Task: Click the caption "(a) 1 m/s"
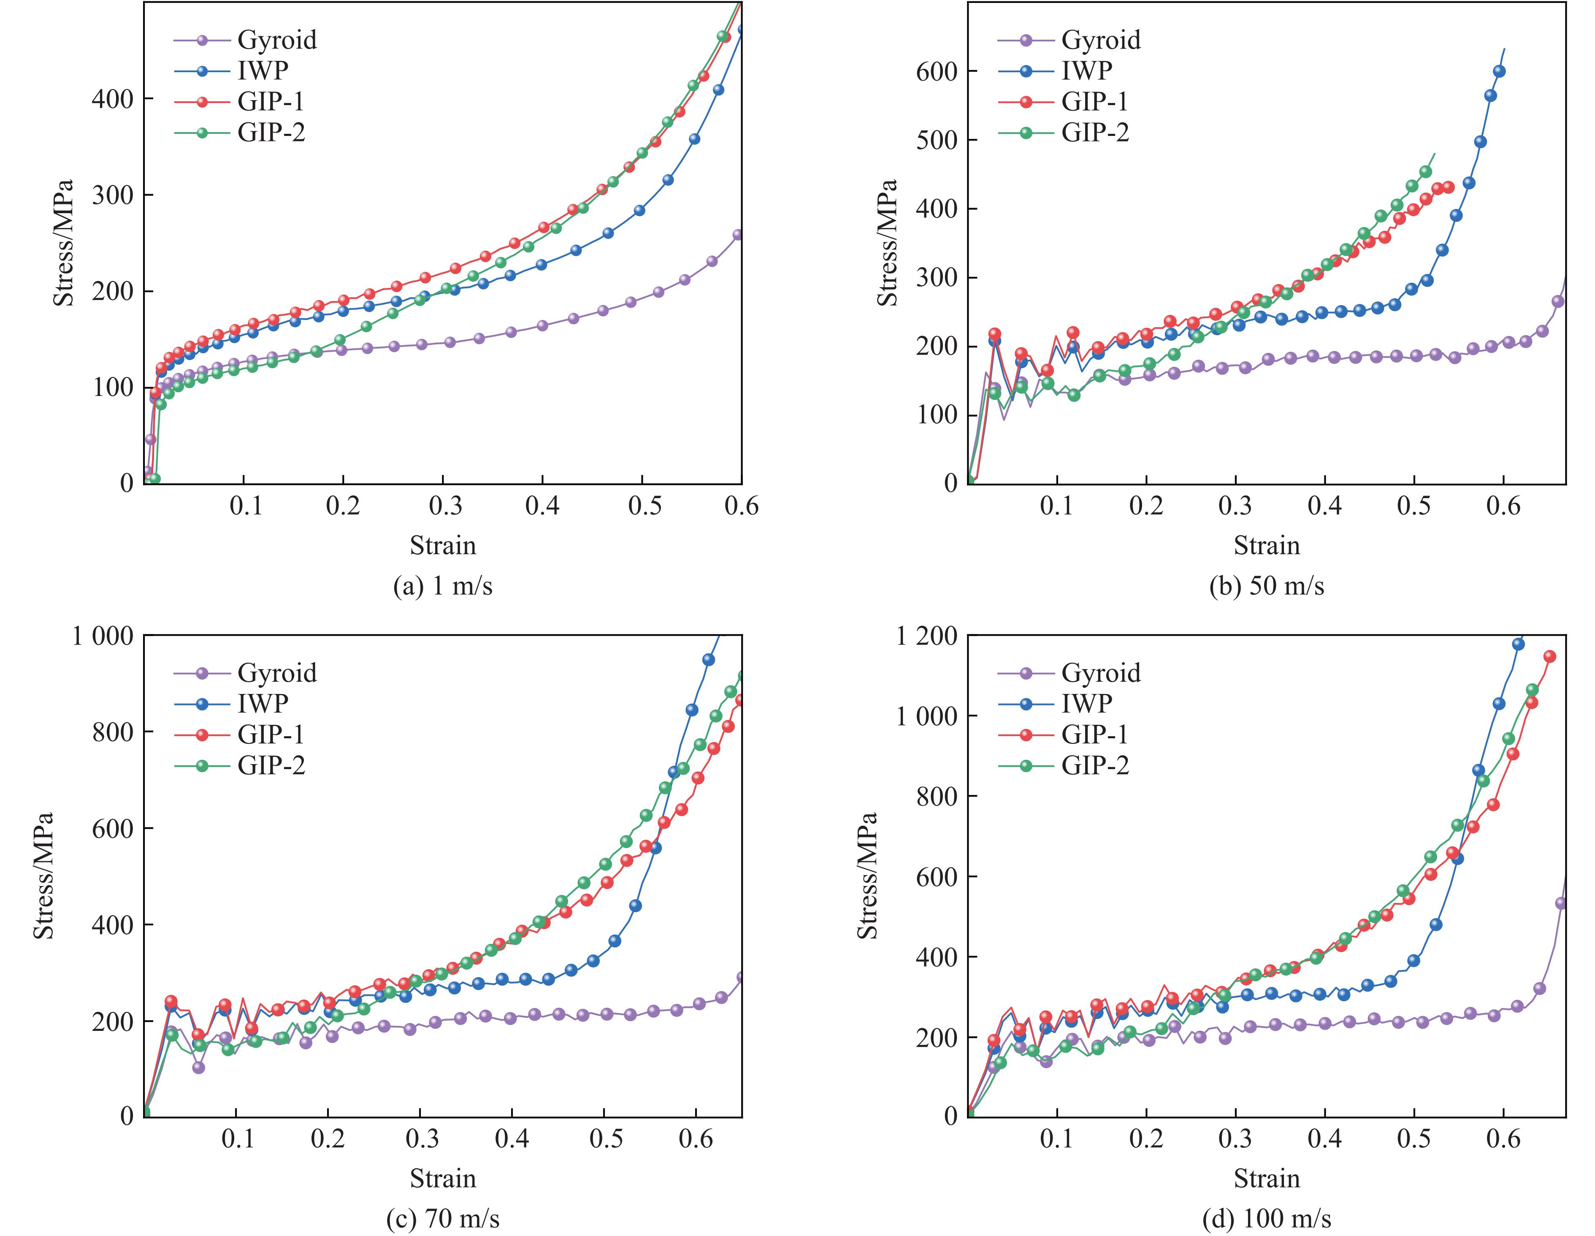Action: tap(443, 586)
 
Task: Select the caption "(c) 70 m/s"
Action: tap(443, 1218)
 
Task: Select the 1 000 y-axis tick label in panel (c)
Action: tap(102, 636)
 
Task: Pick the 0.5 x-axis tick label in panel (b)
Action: tap(1414, 506)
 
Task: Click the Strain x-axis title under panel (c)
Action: tap(443, 1178)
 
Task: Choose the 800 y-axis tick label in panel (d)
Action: tap(937, 796)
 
